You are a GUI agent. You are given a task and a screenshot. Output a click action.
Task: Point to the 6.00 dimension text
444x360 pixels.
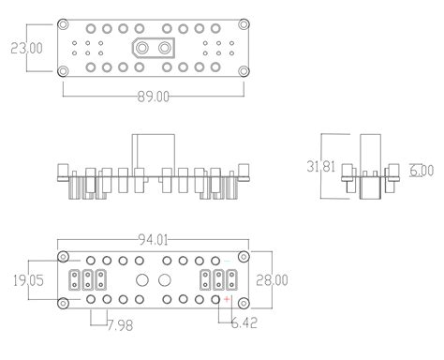[x=422, y=171]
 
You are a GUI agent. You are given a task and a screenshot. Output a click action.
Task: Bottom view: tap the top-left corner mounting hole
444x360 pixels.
[x=63, y=257]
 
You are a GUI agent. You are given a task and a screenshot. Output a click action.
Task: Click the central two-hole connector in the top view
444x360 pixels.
[x=154, y=48]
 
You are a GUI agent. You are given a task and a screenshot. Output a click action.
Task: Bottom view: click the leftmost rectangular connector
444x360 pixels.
[x=74, y=279]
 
